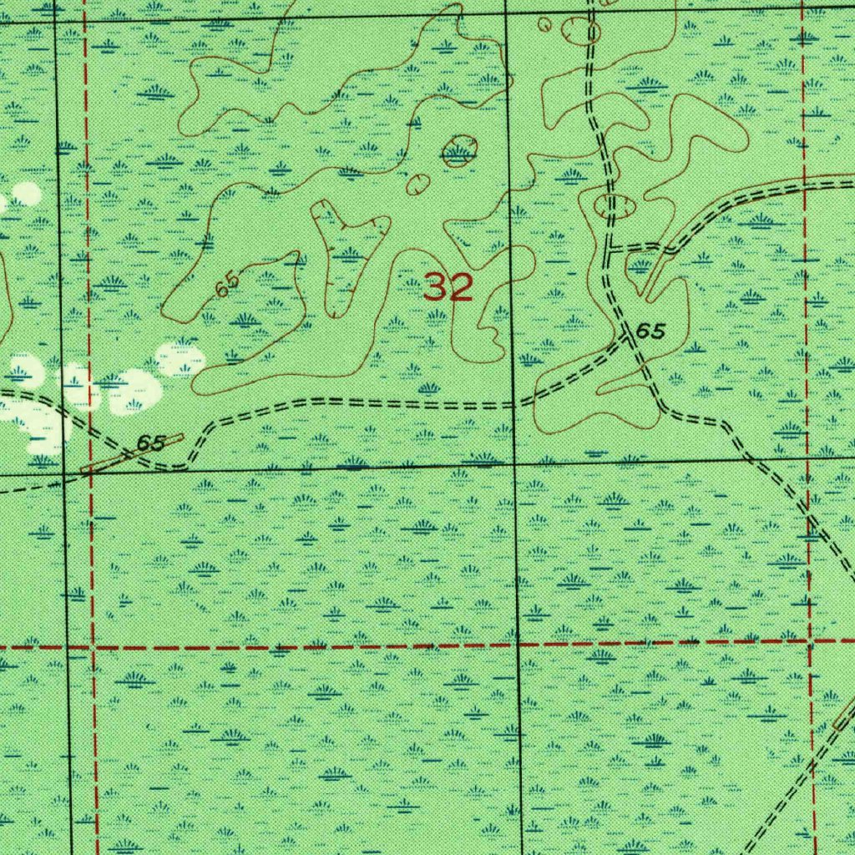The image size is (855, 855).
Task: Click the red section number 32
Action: [448, 288]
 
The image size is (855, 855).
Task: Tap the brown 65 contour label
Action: [226, 285]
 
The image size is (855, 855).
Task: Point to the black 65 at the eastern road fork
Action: [650, 331]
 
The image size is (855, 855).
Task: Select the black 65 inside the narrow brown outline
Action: [151, 443]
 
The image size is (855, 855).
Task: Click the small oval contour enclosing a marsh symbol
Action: [458, 152]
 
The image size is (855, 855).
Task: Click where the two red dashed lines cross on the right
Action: [809, 641]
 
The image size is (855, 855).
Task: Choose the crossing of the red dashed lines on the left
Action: [94, 647]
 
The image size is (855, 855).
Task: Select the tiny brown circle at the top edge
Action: [545, 24]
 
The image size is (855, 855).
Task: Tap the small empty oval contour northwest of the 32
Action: [417, 184]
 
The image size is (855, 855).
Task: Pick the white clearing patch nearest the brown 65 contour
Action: [180, 357]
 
